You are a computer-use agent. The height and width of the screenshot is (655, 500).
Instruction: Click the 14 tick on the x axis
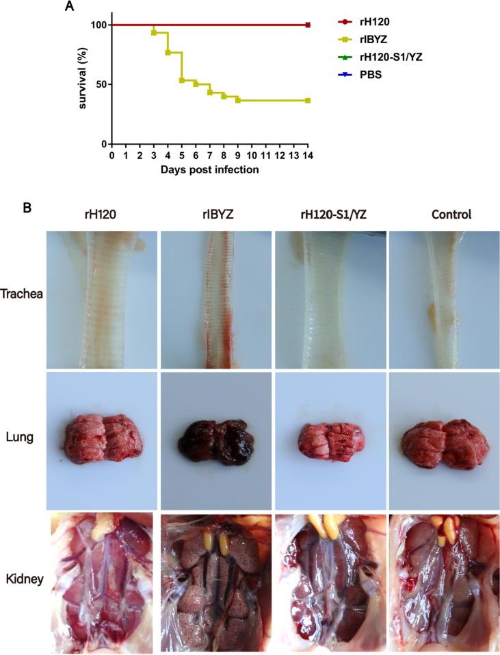tap(308, 156)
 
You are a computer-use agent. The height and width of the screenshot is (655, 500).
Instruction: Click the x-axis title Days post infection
tap(210, 169)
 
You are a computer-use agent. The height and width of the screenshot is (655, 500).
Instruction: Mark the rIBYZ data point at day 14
tap(308, 101)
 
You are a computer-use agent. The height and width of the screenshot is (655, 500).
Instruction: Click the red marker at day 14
tap(308, 25)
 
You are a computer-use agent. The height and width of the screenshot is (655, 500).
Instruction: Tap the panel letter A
tap(68, 7)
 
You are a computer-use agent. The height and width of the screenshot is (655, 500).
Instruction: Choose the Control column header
tap(451, 215)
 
